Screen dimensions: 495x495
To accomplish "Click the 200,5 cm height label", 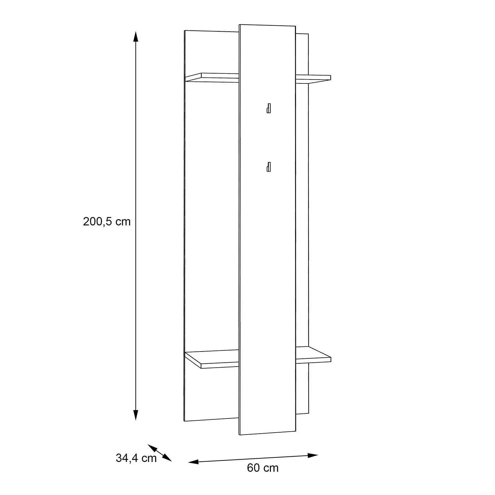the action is point(107,222).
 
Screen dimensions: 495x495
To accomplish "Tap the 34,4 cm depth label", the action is point(136,458).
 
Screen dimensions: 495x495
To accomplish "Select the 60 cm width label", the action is point(263,468).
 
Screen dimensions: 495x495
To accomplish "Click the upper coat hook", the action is point(269,108).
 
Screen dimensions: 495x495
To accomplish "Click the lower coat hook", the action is point(269,167).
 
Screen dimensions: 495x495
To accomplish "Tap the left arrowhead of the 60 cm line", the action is point(193,462).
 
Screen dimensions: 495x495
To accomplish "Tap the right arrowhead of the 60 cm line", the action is point(313,455).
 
